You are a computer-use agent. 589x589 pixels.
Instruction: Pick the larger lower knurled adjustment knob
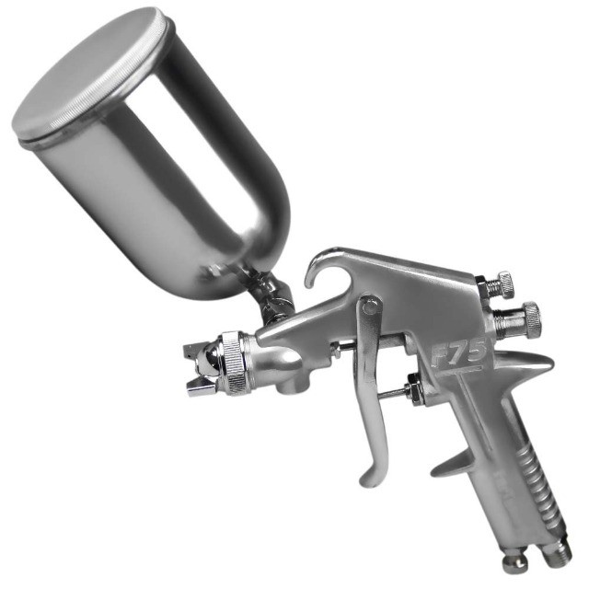533,319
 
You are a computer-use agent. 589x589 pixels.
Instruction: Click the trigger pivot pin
371,307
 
